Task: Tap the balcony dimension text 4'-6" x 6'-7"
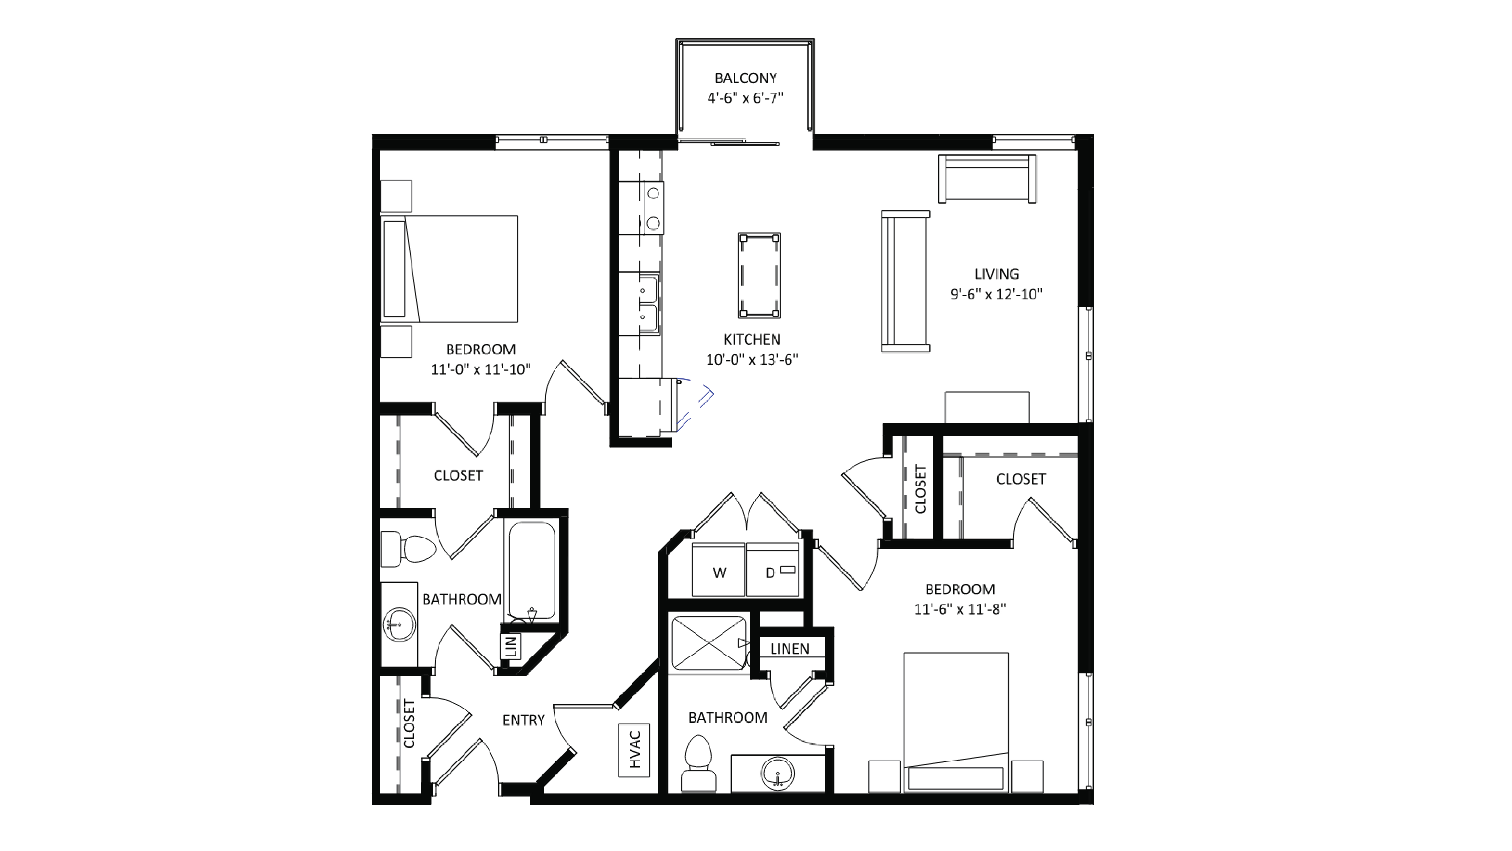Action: click(745, 98)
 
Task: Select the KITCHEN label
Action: click(752, 339)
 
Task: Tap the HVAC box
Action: click(634, 750)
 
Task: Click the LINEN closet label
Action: click(789, 649)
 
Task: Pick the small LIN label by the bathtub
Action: click(511, 646)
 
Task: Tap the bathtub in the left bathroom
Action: click(531, 569)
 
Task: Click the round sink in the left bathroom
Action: click(399, 625)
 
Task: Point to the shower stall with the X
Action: click(709, 643)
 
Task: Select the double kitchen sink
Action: click(647, 304)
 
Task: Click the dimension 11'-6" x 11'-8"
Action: click(960, 609)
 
